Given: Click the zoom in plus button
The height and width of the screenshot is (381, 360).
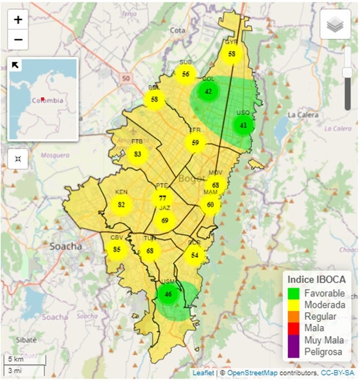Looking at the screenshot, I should click(18, 20).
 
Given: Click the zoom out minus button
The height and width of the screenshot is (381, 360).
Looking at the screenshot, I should click(18, 40).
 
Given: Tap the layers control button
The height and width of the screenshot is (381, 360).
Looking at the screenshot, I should click(335, 24).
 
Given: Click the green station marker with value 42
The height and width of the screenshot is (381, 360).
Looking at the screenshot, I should click(208, 92).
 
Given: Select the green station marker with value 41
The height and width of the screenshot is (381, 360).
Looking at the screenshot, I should click(243, 126).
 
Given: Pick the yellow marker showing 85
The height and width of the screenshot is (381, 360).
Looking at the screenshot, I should click(117, 249).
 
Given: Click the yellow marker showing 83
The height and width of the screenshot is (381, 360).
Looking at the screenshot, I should click(138, 154).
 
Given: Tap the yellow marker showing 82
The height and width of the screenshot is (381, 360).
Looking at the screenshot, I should click(121, 205).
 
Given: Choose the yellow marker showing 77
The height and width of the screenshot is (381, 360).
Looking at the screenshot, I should click(162, 198).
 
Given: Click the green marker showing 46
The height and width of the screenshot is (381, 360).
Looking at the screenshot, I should click(168, 294).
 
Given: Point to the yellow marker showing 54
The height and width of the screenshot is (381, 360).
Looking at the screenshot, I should click(194, 255).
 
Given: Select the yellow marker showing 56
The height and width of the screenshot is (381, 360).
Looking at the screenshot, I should click(186, 74).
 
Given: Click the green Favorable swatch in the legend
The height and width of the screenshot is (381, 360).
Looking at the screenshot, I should click(294, 293).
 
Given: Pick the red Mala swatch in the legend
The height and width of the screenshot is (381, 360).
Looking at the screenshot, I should click(294, 328).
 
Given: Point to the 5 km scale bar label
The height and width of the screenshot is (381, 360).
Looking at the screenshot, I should click(14, 359).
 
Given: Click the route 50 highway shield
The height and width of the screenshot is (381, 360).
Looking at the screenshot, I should click(126, 79).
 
